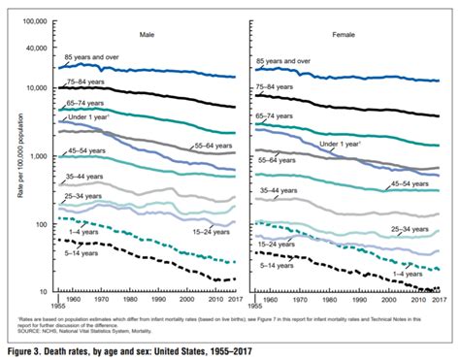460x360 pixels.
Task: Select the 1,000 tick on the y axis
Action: click(39, 156)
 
